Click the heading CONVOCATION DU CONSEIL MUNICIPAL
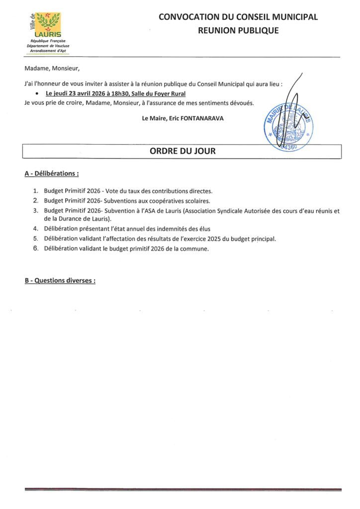click(x=238, y=17)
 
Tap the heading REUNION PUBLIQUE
click(x=238, y=31)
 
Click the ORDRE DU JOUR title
click(x=182, y=151)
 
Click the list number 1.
click(x=35, y=191)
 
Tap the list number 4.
click(x=35, y=229)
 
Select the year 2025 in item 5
click(x=209, y=239)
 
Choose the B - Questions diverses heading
click(x=60, y=280)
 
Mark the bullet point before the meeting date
click(x=38, y=93)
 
